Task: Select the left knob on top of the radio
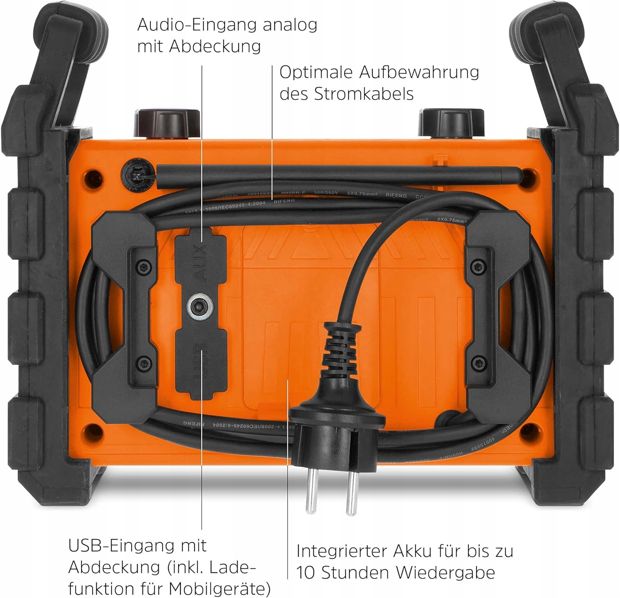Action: point(167,123)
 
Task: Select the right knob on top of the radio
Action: point(451,123)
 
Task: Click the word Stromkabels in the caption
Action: point(364,94)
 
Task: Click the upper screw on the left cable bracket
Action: point(143,265)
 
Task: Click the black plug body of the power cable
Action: point(337,435)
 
